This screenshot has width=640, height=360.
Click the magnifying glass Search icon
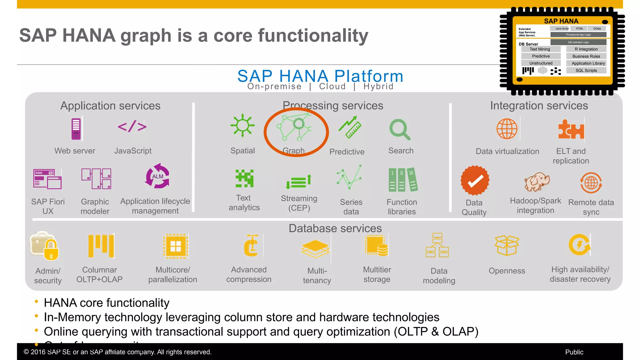(400, 129)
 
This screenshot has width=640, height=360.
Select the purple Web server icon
(76, 129)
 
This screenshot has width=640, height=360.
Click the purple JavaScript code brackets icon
(132, 127)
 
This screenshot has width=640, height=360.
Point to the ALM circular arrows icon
(157, 176)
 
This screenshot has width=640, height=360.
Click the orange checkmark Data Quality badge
(475, 181)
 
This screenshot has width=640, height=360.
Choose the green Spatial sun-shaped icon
(242, 126)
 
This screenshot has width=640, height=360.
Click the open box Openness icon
(507, 245)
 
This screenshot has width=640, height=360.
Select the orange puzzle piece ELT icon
(571, 130)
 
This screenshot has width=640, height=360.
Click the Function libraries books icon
(402, 180)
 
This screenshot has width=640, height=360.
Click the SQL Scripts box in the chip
(586, 71)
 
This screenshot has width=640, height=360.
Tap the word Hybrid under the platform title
(378, 87)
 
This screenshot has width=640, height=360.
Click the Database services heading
(335, 228)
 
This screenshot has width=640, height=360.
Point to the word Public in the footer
(574, 352)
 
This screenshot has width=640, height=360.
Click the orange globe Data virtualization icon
(507, 129)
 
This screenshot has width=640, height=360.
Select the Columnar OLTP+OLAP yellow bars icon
(101, 246)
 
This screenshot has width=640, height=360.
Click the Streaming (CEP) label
(299, 203)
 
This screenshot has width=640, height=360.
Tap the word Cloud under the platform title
(332, 87)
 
